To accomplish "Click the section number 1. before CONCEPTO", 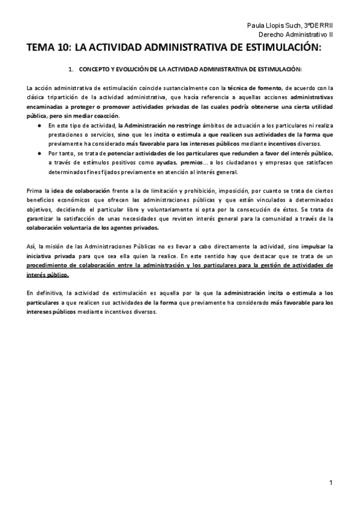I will [71, 70].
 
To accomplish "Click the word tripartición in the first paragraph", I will [62, 97].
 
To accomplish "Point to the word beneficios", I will [45, 200].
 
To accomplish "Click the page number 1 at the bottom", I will [331, 483].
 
